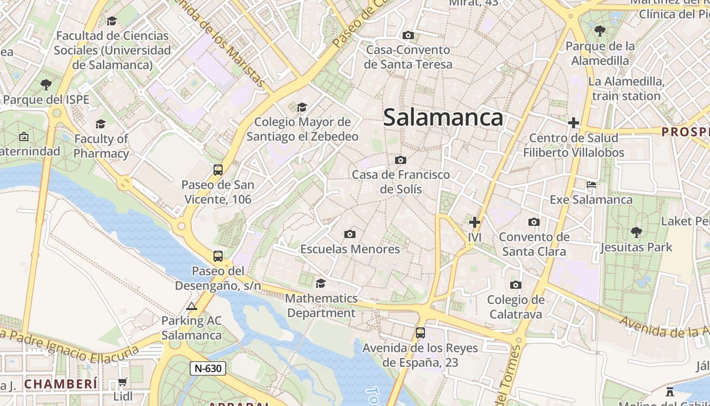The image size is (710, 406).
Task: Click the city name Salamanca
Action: [x=443, y=118]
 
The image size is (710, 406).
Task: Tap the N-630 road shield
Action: [x=207, y=368]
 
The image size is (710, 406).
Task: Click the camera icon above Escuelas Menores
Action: [x=349, y=234]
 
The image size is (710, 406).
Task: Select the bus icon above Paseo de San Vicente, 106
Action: [x=218, y=170]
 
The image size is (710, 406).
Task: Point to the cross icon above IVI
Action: [x=475, y=222]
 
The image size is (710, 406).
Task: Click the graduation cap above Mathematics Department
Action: [x=321, y=283]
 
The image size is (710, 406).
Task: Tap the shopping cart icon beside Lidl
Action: [x=122, y=382]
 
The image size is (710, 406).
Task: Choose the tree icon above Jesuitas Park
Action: [x=636, y=232]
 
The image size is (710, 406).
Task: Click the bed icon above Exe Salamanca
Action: [x=591, y=184]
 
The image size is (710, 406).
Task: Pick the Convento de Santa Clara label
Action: [x=534, y=244]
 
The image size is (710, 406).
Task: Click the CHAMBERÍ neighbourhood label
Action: [x=60, y=384]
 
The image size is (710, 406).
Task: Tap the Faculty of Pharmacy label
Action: [x=101, y=146]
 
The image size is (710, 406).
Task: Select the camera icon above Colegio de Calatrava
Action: [x=516, y=285]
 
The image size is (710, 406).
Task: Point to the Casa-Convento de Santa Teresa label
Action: [x=408, y=57]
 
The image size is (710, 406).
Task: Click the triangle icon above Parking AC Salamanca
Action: [x=191, y=306]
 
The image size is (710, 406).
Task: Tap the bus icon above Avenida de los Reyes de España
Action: [x=420, y=333]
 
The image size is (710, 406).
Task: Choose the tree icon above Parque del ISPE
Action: [x=46, y=84]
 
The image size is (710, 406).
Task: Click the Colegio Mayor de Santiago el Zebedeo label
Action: [x=302, y=129]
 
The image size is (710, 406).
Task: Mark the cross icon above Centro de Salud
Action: [x=574, y=123]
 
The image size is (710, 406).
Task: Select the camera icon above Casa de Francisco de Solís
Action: [x=400, y=160]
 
